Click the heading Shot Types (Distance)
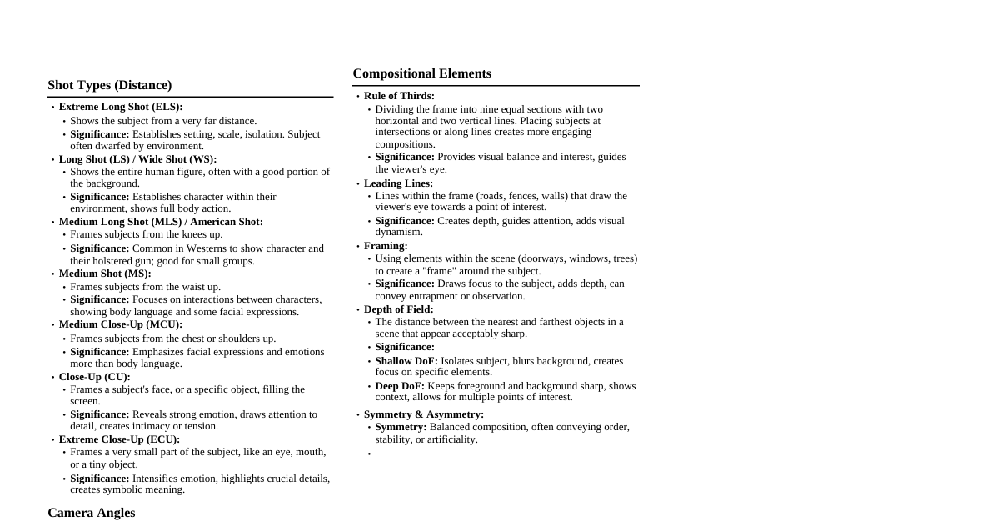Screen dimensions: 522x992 pyautogui.click(x=109, y=85)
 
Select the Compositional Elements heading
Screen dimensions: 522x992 pyautogui.click(x=421, y=73)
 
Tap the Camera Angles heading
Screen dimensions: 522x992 pyautogui.click(x=91, y=513)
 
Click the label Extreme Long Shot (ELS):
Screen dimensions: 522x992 pyautogui.click(x=120, y=107)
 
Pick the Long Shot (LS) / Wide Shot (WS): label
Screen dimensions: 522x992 pyautogui.click(x=137, y=159)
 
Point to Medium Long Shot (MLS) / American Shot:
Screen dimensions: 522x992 pyautogui.click(x=161, y=222)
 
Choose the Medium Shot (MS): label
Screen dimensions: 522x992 pyautogui.click(x=105, y=274)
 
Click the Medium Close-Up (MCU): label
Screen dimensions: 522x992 pyautogui.click(x=120, y=324)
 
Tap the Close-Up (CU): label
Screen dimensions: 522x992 pyautogui.click(x=94, y=377)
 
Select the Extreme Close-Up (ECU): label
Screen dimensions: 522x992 pyautogui.click(x=119, y=439)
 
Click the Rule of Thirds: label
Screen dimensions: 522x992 pyautogui.click(x=399, y=96)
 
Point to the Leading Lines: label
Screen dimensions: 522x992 pyautogui.click(x=398, y=183)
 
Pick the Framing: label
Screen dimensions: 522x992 pyautogui.click(x=386, y=246)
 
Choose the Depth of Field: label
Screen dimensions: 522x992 pyautogui.click(x=398, y=309)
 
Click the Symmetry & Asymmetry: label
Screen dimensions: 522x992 pyautogui.click(x=423, y=414)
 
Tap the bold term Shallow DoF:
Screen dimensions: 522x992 pyautogui.click(x=406, y=361)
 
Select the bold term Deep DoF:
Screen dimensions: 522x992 pyautogui.click(x=399, y=386)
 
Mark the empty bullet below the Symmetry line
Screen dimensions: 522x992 pyautogui.click(x=370, y=454)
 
